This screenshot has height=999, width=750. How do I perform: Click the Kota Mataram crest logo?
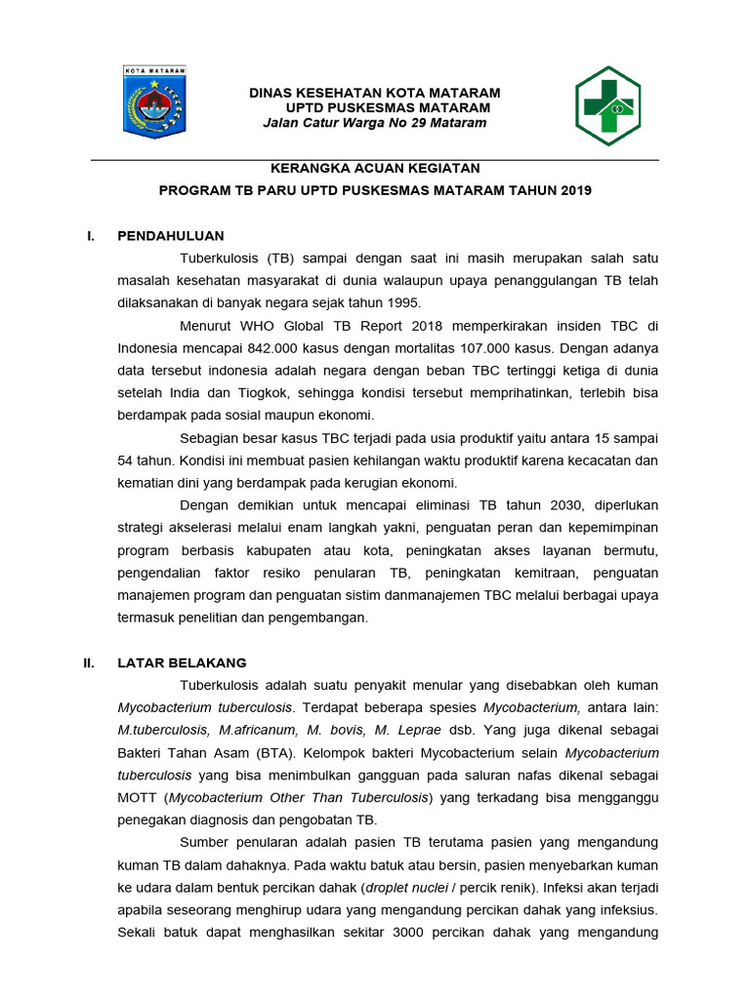pos(154,101)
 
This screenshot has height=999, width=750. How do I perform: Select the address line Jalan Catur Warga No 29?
pos(375,123)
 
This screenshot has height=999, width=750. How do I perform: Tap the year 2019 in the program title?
pos(576,190)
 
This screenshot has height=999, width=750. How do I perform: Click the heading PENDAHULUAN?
pos(171,235)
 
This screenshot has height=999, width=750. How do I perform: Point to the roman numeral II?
pos(89,662)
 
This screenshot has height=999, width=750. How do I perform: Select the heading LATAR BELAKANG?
pos(182,662)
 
